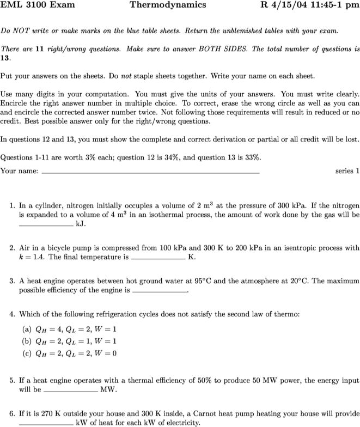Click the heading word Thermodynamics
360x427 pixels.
(x=168, y=5)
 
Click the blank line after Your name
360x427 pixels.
(x=150, y=172)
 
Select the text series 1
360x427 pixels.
(x=347, y=171)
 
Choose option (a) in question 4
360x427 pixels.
(x=25, y=330)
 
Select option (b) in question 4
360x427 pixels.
(x=25, y=341)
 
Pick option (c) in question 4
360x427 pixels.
(x=25, y=353)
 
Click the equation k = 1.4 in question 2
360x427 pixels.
(x=34, y=257)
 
